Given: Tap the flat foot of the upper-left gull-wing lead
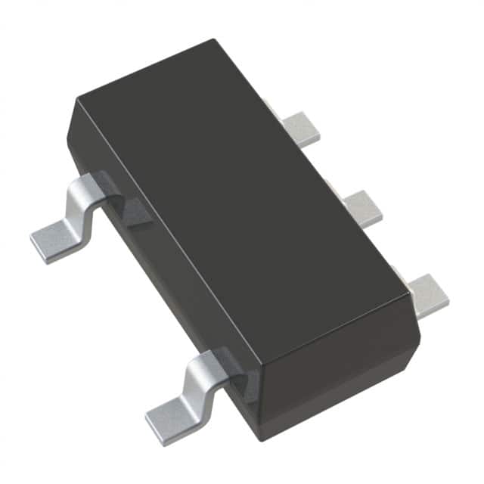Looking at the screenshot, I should tap(57, 238).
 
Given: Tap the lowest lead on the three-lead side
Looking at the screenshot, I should tap(427, 295).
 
